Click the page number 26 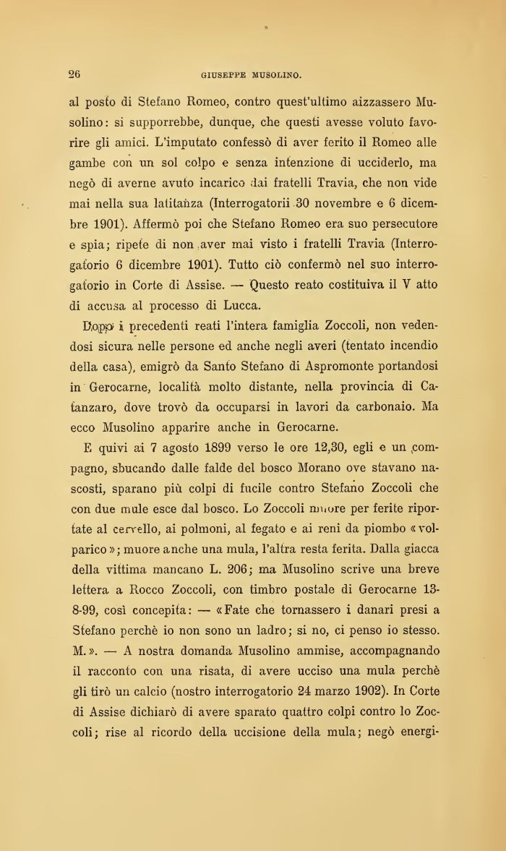pos(74,73)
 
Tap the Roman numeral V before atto pos(403,285)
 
